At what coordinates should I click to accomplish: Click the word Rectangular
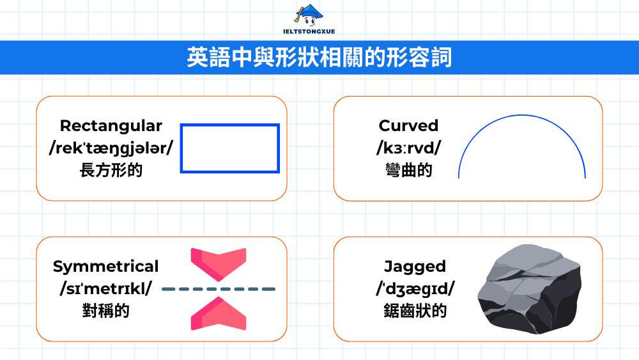click(x=111, y=126)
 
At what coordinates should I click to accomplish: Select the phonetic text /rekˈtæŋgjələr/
click(x=111, y=148)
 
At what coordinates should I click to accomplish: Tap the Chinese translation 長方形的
click(x=111, y=170)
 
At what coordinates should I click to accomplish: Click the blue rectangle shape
click(x=230, y=125)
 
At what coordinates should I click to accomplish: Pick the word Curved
click(x=408, y=126)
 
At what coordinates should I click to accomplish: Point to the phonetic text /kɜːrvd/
click(x=408, y=148)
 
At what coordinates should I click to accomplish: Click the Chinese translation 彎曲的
click(x=408, y=170)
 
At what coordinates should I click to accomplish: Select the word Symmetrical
click(x=105, y=267)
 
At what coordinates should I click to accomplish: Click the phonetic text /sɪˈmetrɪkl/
click(x=105, y=289)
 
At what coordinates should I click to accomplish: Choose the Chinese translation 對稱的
click(x=105, y=311)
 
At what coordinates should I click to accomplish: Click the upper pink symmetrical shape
click(x=219, y=263)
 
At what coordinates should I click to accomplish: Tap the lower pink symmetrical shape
click(x=219, y=314)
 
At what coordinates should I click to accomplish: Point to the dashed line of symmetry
click(x=219, y=289)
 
